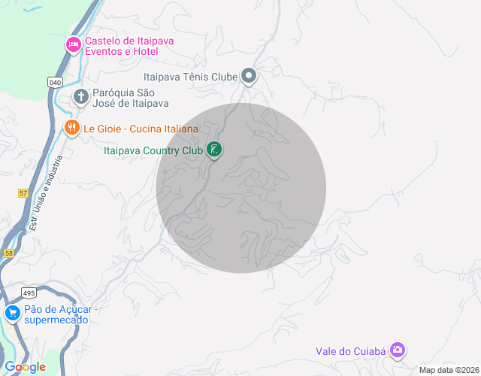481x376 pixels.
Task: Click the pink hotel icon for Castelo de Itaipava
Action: point(74,45)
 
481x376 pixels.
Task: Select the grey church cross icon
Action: point(81,96)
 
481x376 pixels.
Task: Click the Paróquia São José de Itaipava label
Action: point(130,98)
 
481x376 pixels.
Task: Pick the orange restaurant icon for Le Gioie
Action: point(72,128)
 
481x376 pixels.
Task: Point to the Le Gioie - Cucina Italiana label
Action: point(141,129)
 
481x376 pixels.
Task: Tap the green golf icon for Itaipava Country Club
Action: point(214,150)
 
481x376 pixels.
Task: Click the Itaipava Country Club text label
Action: point(153,150)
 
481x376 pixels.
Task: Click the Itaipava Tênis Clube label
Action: point(189,76)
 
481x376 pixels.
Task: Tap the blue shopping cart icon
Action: point(12,313)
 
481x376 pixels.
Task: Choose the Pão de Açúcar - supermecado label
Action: point(57,314)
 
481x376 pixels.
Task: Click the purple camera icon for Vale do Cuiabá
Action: point(398,350)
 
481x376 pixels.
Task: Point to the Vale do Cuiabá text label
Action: point(349,350)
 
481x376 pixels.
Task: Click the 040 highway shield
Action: point(55,82)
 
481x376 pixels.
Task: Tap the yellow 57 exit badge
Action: point(23,193)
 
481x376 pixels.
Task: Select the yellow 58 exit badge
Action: point(8,254)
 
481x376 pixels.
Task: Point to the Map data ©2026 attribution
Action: point(448,370)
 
